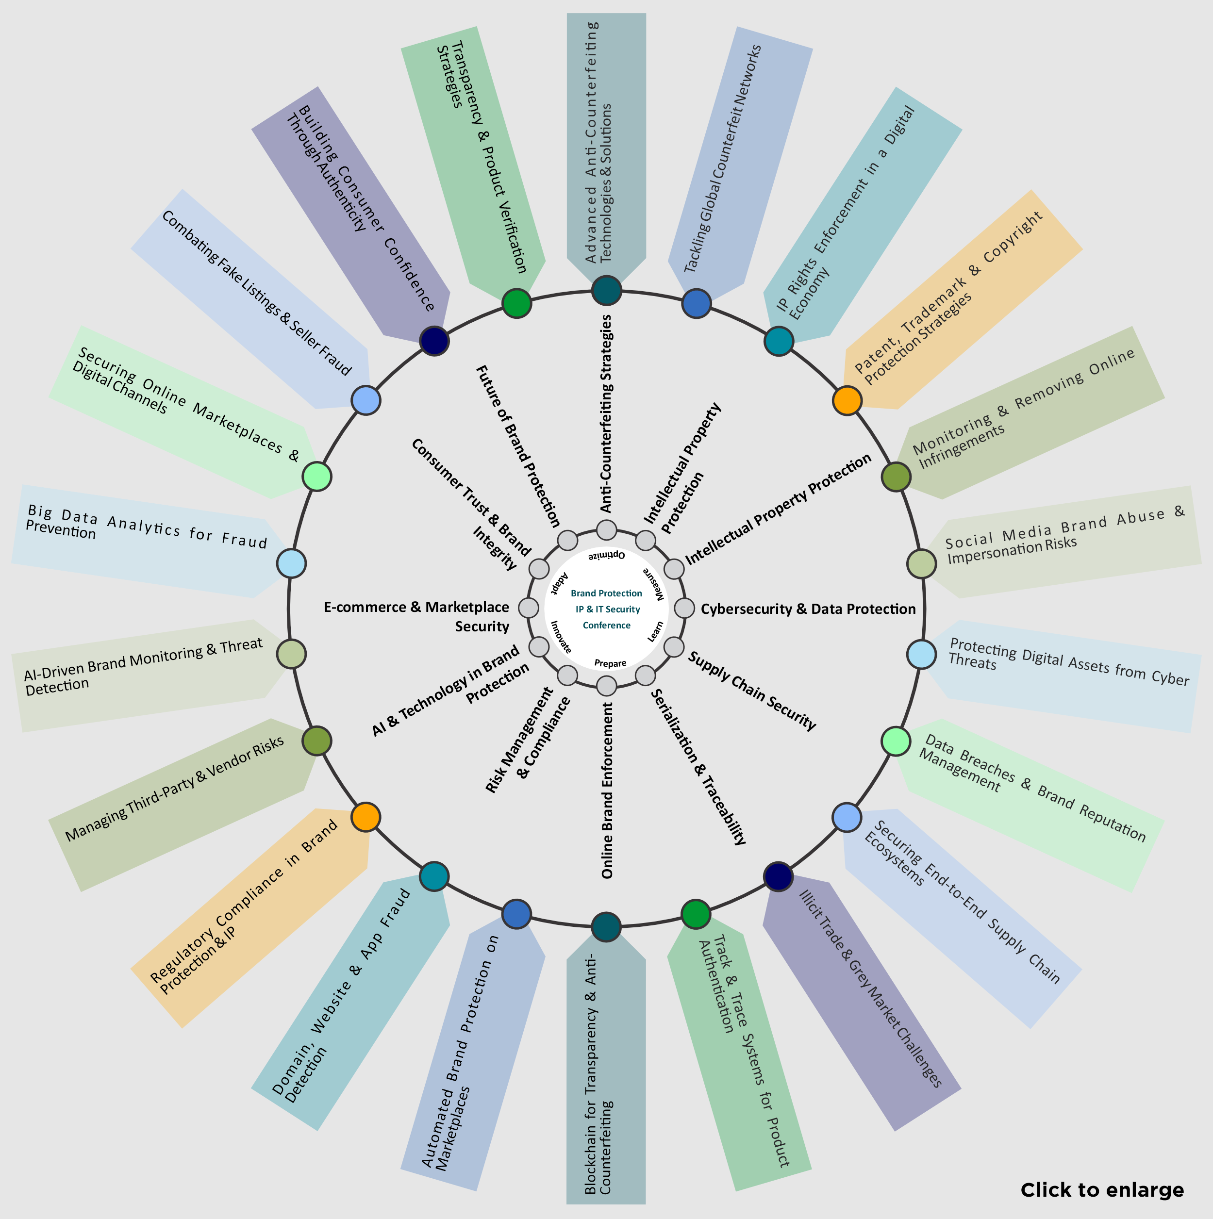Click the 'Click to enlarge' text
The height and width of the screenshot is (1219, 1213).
point(1102,1190)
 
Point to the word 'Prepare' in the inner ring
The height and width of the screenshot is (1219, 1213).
point(610,663)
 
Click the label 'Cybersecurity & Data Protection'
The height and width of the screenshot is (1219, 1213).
point(808,609)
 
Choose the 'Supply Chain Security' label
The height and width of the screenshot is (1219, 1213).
point(752,691)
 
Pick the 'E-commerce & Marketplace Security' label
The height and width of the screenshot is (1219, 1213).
point(416,616)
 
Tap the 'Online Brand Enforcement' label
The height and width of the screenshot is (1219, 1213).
point(607,791)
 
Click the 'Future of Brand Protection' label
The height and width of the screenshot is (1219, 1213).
point(517,445)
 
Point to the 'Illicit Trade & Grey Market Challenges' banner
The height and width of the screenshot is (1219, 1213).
point(862,1003)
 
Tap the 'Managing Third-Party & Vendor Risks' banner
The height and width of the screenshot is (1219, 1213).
point(183,805)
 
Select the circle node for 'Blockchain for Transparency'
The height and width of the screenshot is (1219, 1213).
point(607,926)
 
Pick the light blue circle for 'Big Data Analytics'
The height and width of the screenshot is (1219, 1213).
point(292,563)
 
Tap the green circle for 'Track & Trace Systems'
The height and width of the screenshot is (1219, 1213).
point(696,914)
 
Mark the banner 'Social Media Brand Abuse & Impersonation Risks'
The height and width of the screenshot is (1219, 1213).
point(1060,542)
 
